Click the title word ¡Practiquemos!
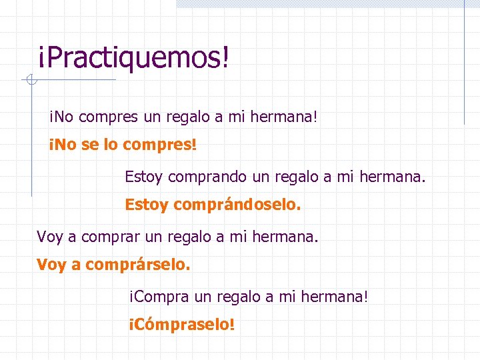coord(133,59)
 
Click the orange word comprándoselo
coord(237,205)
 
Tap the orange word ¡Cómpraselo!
coord(181,325)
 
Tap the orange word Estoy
coord(147,205)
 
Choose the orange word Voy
coord(51,265)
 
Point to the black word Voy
coord(50,237)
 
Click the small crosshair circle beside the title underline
coord(29,81)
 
